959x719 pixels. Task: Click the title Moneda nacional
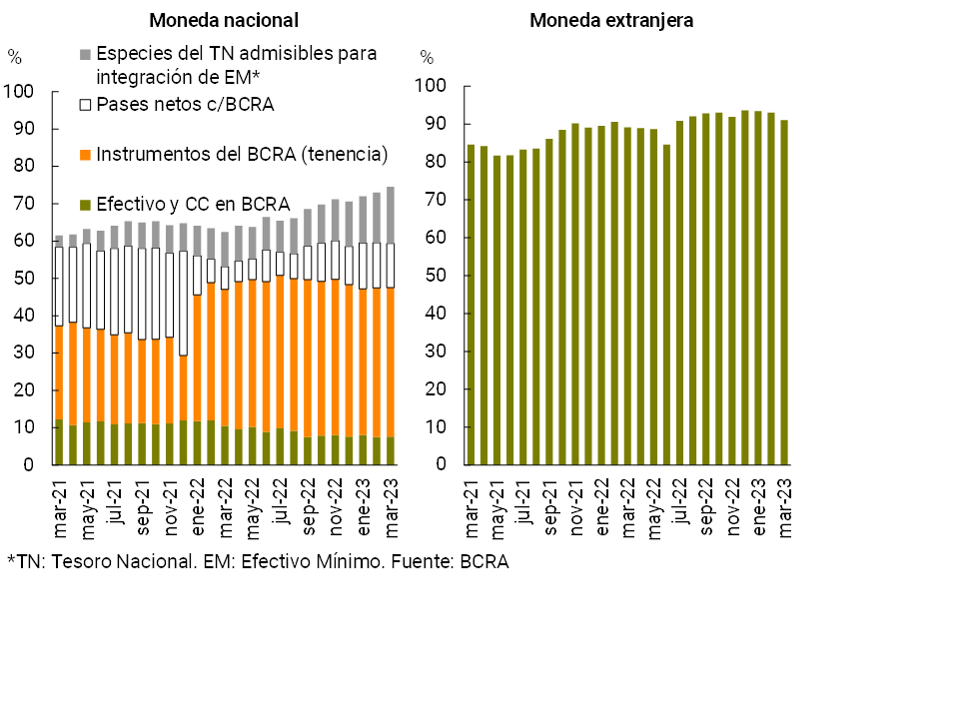[224, 20]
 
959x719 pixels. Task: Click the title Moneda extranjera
[611, 20]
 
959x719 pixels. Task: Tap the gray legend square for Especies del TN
[86, 53]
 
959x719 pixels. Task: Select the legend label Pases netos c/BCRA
[185, 104]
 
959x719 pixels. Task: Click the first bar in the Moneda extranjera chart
[472, 305]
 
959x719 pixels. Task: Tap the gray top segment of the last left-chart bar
[390, 215]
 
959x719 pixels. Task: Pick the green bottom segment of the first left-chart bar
[59, 442]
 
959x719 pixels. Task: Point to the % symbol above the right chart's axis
[427, 57]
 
